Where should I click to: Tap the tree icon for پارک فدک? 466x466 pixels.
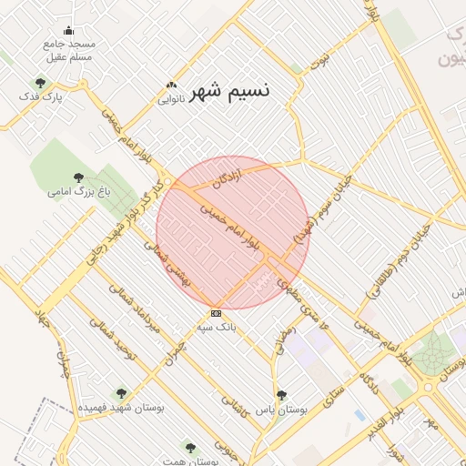click(x=37, y=83)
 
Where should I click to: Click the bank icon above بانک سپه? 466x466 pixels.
click(x=215, y=312)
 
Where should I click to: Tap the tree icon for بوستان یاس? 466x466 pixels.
click(x=281, y=395)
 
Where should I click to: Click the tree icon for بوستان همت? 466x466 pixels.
click(x=189, y=447)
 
